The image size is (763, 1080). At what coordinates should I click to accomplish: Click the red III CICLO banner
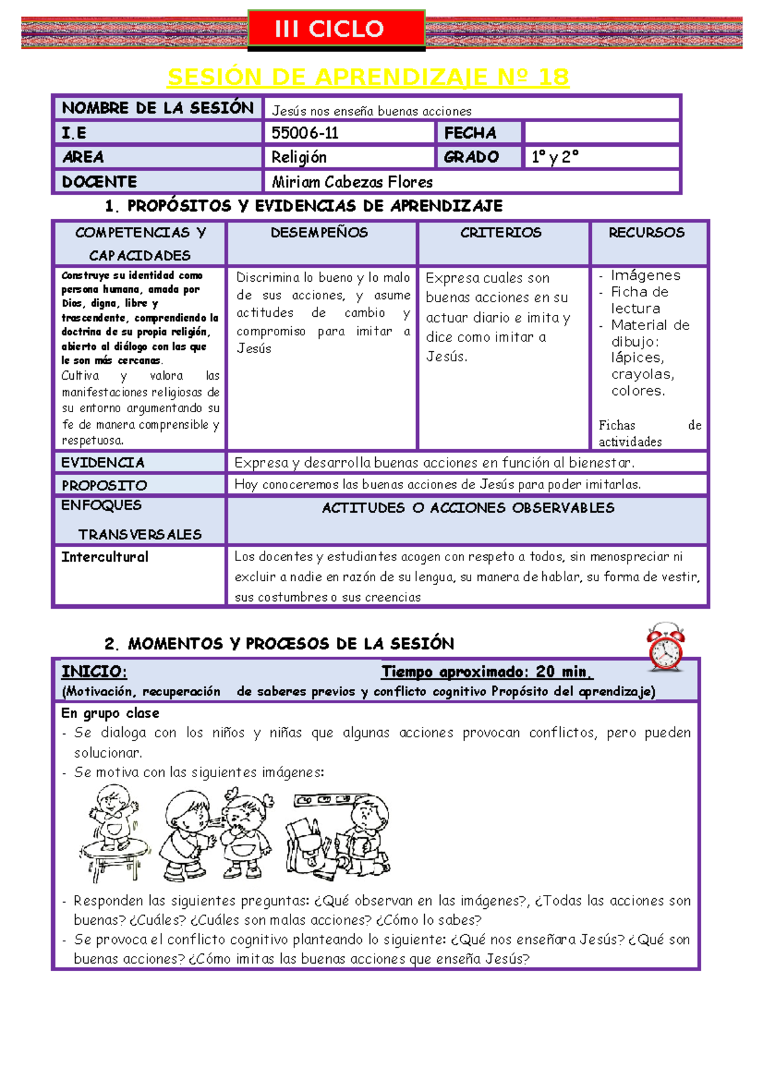pyautogui.click(x=336, y=29)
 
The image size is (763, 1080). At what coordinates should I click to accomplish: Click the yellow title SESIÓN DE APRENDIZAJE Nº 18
pyautogui.click(x=368, y=77)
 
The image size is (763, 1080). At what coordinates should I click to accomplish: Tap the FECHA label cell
pyautogui.click(x=471, y=132)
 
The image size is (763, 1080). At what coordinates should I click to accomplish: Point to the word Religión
pyautogui.click(x=299, y=157)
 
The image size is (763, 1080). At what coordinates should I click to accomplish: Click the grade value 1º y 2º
pyautogui.click(x=554, y=157)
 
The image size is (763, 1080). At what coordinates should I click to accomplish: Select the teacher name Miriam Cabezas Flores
pyautogui.click(x=352, y=182)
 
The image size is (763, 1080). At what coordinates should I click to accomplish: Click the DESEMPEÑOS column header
pyautogui.click(x=319, y=233)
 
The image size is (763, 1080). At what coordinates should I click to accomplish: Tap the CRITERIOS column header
pyautogui.click(x=501, y=233)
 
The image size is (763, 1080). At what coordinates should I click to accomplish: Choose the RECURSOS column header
pyautogui.click(x=647, y=233)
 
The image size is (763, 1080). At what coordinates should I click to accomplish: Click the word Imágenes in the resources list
pyautogui.click(x=645, y=275)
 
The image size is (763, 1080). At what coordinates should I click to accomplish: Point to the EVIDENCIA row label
pyautogui.click(x=103, y=462)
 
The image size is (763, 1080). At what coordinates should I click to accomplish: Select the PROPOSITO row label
pyautogui.click(x=104, y=485)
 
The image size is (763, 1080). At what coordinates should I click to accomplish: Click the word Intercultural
pyautogui.click(x=105, y=557)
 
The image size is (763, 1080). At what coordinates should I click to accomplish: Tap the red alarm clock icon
pyautogui.click(x=666, y=647)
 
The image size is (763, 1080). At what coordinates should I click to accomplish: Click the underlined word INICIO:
pyautogui.click(x=94, y=672)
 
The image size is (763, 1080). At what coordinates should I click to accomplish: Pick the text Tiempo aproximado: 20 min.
pyautogui.click(x=486, y=672)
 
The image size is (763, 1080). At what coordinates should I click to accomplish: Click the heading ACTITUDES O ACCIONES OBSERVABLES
pyautogui.click(x=468, y=508)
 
